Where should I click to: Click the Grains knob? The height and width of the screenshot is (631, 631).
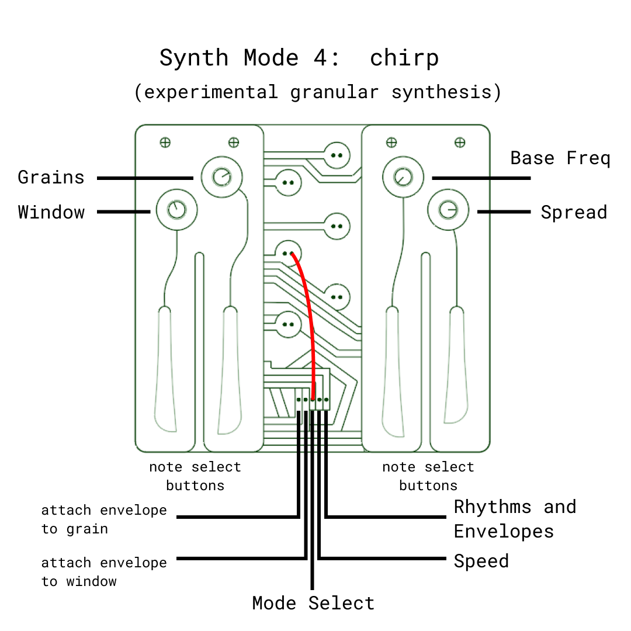[221, 176]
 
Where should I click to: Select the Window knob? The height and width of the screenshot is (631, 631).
[176, 210]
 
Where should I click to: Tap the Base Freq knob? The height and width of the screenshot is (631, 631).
[402, 176]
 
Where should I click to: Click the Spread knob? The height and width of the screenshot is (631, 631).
[448, 210]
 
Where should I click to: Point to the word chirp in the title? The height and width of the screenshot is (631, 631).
[404, 58]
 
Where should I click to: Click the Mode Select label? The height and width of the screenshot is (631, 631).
[313, 603]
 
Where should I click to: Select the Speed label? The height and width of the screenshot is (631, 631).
[481, 561]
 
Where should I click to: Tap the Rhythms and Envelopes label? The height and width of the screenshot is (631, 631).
[514, 519]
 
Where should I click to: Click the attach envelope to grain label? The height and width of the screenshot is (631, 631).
[104, 519]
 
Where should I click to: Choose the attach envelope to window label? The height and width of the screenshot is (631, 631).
[104, 572]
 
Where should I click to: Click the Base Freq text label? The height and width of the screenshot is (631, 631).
[560, 158]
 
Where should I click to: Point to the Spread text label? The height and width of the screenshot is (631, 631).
[573, 212]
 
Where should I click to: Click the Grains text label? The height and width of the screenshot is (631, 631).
[51, 177]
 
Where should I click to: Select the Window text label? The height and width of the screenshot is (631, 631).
[51, 212]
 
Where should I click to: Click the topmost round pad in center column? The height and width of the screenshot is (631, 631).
[337, 155]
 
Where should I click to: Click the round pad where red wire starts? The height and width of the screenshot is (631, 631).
[287, 254]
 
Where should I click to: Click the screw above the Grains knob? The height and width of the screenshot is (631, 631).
[233, 142]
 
